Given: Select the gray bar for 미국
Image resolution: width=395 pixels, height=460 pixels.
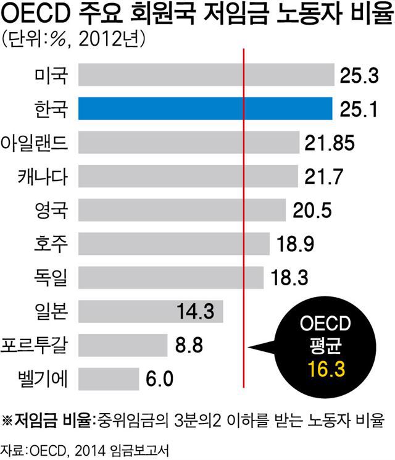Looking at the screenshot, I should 207,76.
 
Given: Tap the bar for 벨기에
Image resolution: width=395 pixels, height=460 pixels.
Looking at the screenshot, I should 109,377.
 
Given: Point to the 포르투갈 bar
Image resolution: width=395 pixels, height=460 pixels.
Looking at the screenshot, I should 123,344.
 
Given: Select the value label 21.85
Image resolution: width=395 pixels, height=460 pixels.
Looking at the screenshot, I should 330,143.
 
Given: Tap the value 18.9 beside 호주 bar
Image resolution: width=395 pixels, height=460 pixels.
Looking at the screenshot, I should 296,244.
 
